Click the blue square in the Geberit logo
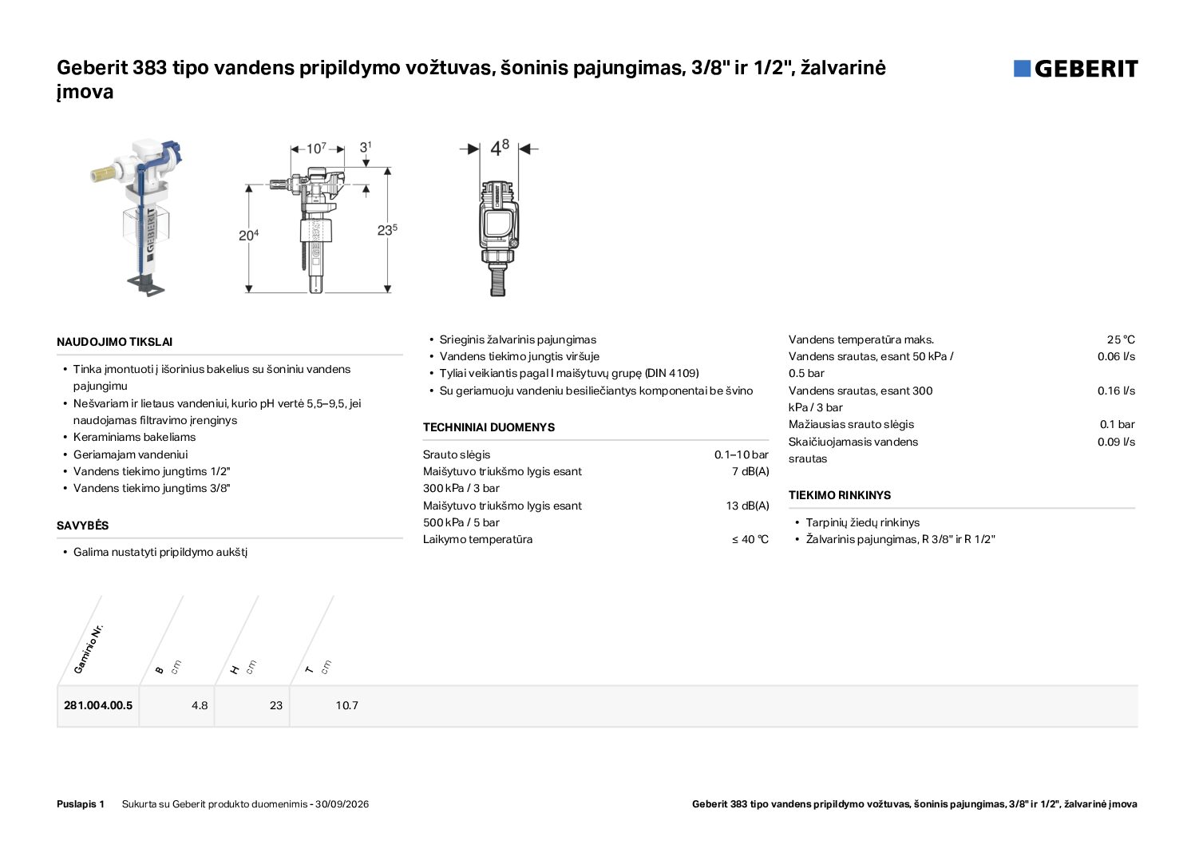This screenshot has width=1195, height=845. [1022, 69]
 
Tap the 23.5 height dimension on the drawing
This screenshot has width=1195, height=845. [387, 230]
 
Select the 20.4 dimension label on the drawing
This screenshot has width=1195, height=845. [248, 235]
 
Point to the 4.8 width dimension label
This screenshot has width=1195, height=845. [500, 149]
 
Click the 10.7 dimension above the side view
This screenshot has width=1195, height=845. [316, 148]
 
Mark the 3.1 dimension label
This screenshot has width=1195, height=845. [365, 146]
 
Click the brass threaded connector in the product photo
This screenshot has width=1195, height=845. [102, 174]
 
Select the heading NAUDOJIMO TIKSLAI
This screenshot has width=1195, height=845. [115, 342]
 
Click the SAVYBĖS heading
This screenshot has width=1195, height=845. [83, 526]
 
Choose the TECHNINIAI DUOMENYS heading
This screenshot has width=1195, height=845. [489, 427]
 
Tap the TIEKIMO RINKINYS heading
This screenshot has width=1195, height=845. [840, 495]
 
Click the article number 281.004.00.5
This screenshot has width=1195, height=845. [98, 705]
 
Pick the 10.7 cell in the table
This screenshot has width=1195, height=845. [346, 705]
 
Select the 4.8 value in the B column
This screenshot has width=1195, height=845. [200, 705]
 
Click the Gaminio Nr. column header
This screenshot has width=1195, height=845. [88, 649]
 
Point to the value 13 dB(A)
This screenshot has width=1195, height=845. [747, 506]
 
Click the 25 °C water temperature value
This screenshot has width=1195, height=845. [1121, 339]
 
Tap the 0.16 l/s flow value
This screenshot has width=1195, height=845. [1116, 391]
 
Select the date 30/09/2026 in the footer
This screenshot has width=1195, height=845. [342, 804]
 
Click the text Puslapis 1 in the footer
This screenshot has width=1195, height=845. [81, 804]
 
